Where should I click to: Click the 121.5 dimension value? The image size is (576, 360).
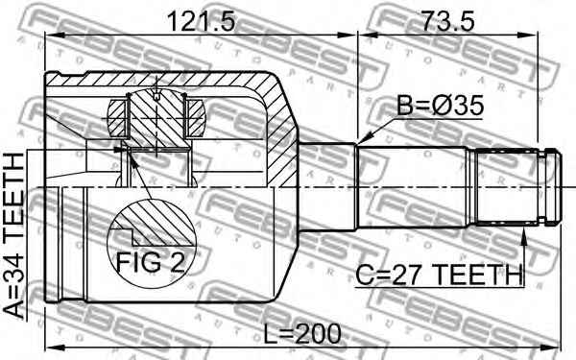point(201,21)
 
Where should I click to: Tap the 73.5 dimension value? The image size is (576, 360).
point(447,21)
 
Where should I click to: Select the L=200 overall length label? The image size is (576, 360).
point(302,334)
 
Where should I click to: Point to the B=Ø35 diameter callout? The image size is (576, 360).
point(440,106)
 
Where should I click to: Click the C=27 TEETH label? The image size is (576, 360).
point(439,275)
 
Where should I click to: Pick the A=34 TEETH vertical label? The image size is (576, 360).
point(14,235)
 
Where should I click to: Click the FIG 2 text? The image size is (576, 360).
point(151,262)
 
